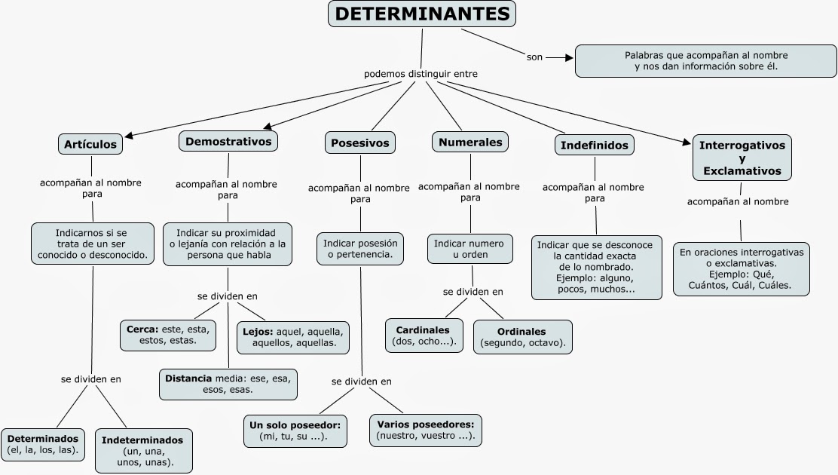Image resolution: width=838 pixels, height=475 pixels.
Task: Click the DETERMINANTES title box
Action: pyautogui.click(x=421, y=14)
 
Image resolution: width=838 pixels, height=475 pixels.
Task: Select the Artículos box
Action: pyautogui.click(x=90, y=144)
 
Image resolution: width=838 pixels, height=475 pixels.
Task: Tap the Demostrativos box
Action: pyautogui.click(x=228, y=141)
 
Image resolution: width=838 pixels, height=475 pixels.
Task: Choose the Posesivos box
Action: pyautogui.click(x=360, y=142)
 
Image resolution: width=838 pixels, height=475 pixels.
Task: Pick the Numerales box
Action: pyautogui.click(x=470, y=142)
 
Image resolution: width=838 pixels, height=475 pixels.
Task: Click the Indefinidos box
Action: pyautogui.click(x=595, y=145)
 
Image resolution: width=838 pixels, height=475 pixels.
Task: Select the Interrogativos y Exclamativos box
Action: pyautogui.click(x=742, y=158)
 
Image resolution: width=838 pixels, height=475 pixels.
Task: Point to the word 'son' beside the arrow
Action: pyautogui.click(x=534, y=57)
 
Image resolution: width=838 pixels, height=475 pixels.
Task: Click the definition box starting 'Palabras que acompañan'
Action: pyautogui.click(x=705, y=61)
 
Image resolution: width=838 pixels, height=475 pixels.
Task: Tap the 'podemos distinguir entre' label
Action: pyautogui.click(x=421, y=74)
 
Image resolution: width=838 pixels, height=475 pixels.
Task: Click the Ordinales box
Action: pyautogui.click(x=522, y=337)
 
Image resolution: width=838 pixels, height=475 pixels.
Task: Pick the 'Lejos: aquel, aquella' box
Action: pyautogui.click(x=293, y=336)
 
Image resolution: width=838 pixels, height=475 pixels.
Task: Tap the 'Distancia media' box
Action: pyautogui.click(x=228, y=384)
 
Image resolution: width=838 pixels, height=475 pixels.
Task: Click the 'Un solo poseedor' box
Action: pyautogui.click(x=295, y=431)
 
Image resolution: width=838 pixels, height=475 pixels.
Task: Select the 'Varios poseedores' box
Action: pyautogui.click(x=427, y=430)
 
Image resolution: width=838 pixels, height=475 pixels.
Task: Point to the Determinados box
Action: pyautogui.click(x=43, y=444)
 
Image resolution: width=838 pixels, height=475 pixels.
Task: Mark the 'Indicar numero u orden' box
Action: pyautogui.click(x=470, y=249)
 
